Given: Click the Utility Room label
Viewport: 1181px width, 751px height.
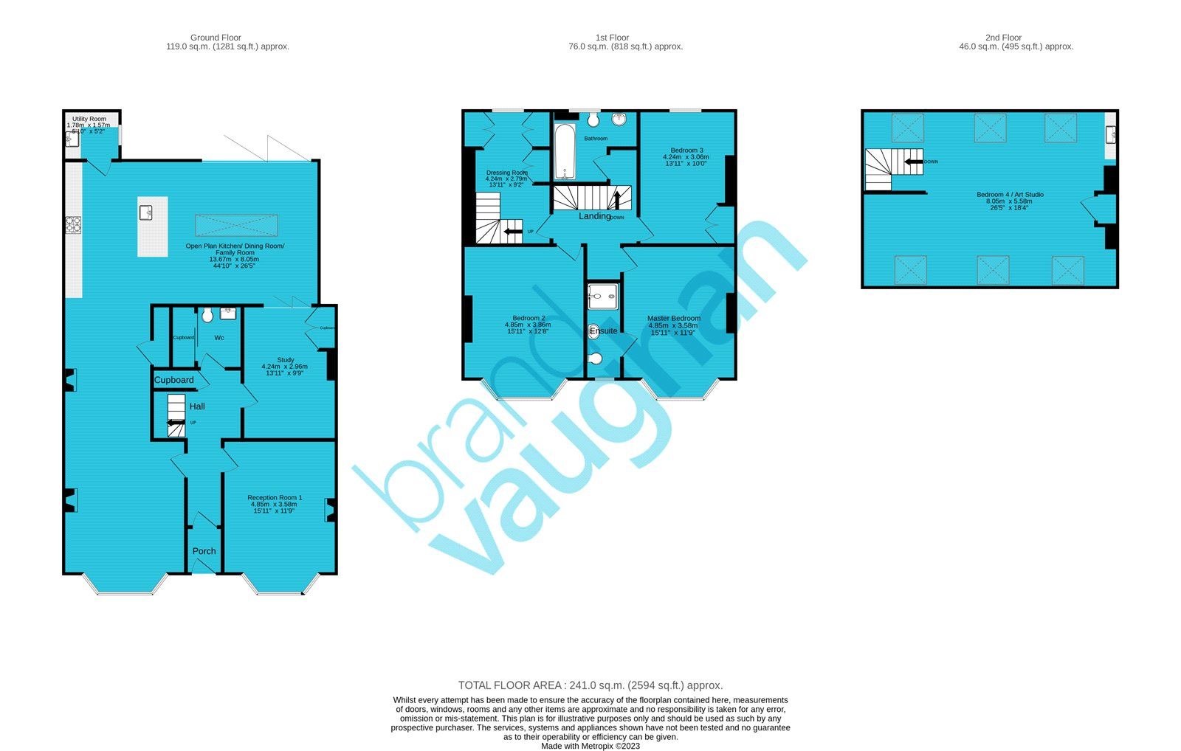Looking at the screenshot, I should [x=89, y=119].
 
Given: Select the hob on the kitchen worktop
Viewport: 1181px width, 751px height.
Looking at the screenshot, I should [x=73, y=224].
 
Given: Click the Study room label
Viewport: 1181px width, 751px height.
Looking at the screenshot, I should [x=285, y=360].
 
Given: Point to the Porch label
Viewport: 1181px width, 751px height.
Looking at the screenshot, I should [x=204, y=551].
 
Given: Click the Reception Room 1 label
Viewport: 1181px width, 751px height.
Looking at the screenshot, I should [x=275, y=498].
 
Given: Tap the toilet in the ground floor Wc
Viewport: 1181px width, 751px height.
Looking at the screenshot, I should [x=207, y=315].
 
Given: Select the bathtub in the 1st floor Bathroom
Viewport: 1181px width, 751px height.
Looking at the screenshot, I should [x=564, y=152].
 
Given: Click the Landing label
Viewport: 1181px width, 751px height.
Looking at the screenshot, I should [x=594, y=216].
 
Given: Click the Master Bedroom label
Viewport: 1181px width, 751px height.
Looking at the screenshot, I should [x=673, y=319].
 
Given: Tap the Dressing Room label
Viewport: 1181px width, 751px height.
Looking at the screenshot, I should [x=506, y=173].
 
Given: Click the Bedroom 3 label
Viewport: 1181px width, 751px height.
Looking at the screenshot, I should [x=686, y=150].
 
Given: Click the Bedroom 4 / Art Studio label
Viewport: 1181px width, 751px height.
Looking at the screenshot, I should [x=1009, y=195].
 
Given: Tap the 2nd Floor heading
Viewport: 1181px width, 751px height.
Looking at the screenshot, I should [x=1003, y=38].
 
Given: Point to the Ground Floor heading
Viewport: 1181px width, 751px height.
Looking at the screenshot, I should [x=216, y=38].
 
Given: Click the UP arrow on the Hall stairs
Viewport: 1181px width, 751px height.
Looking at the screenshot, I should [x=176, y=423].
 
